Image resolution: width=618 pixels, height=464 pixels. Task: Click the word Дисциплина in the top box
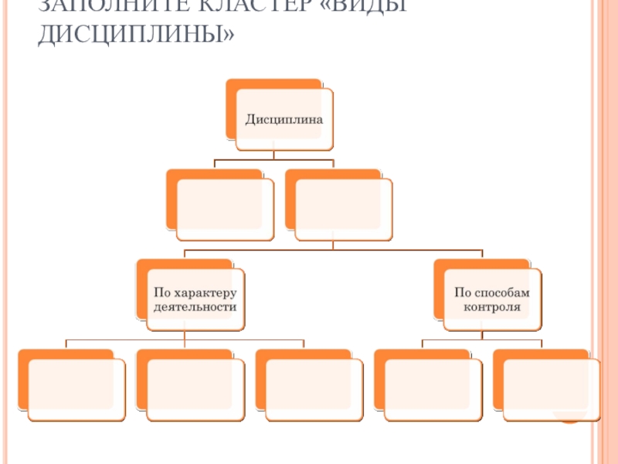[284, 121]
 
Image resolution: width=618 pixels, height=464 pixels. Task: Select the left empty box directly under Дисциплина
[224, 208]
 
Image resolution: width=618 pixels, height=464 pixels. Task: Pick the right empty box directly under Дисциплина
[343, 208]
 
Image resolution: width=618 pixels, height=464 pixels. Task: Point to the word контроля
[491, 306]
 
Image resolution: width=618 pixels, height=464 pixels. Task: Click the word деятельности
[195, 306]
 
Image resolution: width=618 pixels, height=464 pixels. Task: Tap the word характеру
[204, 292]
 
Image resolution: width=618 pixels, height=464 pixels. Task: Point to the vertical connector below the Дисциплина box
[275, 155]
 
